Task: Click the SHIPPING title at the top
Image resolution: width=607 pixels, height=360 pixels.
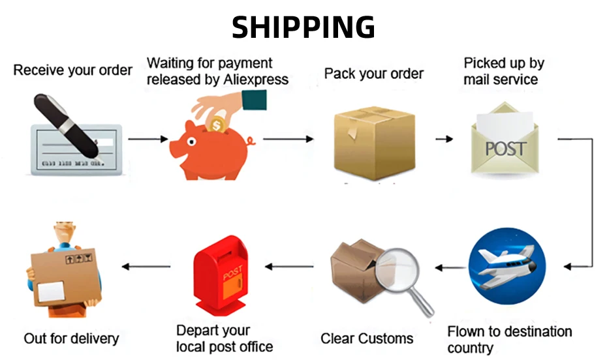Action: pos(303,27)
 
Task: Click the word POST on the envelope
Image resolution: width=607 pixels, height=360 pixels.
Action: pos(505,148)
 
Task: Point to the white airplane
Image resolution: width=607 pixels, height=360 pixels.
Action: pos(506,264)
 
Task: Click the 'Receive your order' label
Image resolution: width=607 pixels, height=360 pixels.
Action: pos(72,70)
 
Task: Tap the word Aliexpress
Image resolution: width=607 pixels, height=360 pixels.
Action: pos(251,80)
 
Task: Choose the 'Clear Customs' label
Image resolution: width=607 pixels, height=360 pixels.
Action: pos(367,338)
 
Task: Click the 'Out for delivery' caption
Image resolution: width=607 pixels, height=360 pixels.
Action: pos(71,338)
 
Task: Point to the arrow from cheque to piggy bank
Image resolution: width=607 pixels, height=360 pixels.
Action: pos(148,139)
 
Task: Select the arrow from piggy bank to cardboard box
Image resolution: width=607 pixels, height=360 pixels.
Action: pos(288,139)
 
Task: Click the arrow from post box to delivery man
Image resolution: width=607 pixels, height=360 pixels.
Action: pos(148,266)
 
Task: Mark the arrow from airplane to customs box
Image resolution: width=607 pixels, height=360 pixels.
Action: pos(450,267)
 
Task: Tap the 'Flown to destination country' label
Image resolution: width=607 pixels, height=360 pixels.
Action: pos(509,339)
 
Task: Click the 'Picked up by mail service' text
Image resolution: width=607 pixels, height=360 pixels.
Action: pos(503,72)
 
